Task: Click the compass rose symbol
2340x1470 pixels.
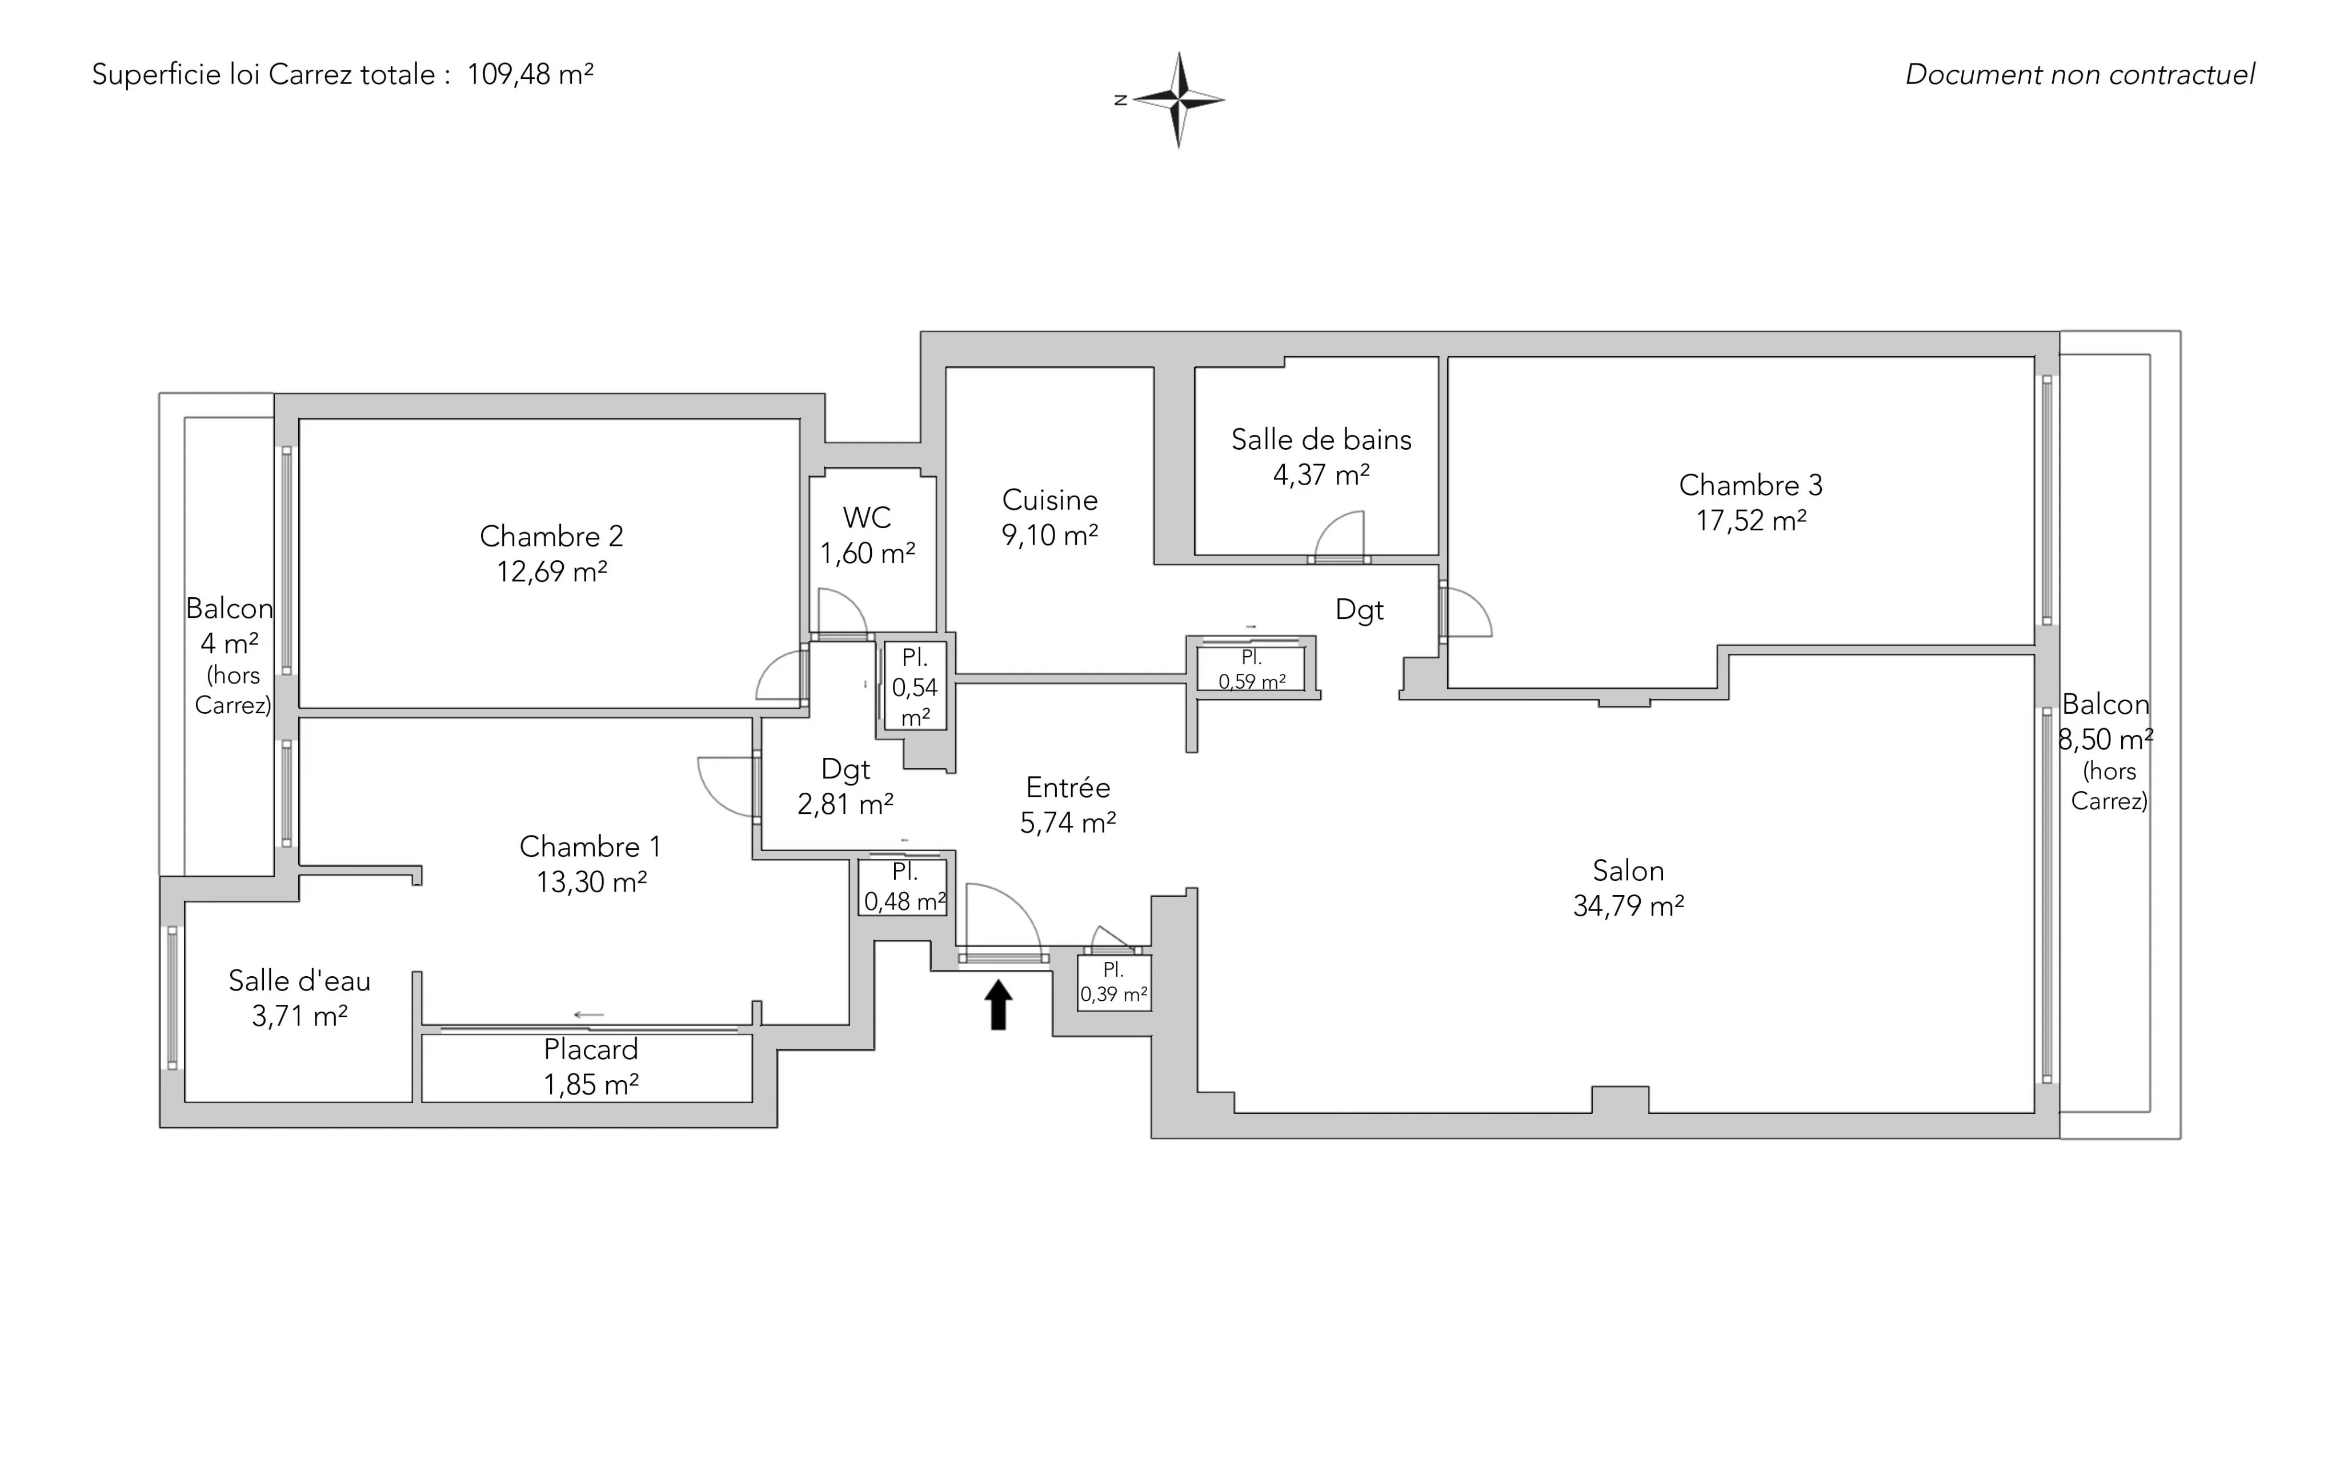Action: pos(1178,99)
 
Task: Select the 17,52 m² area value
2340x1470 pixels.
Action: pos(1751,520)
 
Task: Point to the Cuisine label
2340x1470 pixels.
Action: pos(1049,500)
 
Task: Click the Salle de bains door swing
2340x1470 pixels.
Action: pos(1339,536)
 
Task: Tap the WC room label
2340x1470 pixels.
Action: pos(867,517)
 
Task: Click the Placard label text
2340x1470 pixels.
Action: pos(591,1049)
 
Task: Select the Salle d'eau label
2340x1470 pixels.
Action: pos(299,981)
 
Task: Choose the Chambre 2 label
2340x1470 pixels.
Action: pos(551,536)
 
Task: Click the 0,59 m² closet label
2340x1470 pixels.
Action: pos(1252,681)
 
